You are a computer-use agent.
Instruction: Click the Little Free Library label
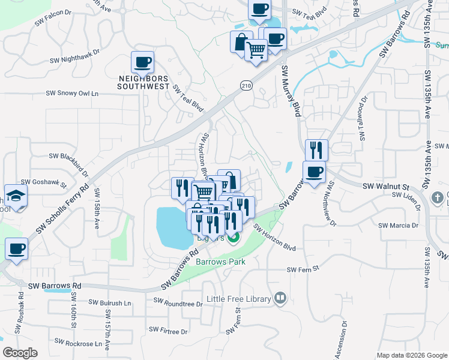[x=239, y=298]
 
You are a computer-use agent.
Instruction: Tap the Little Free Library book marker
[x=280, y=298]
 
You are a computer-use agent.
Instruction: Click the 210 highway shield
[x=246, y=86]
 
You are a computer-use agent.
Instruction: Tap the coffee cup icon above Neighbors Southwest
[x=143, y=62]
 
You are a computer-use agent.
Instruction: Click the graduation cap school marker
[x=16, y=196]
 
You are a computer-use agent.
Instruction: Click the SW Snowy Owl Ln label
[x=72, y=94]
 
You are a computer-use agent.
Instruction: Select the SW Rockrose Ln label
[x=78, y=343]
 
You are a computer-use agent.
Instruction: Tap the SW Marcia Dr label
[x=398, y=226]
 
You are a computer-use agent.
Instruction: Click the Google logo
[x=20, y=353]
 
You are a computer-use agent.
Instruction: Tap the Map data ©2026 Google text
[x=412, y=355]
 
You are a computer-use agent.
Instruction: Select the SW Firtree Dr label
[x=168, y=331]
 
